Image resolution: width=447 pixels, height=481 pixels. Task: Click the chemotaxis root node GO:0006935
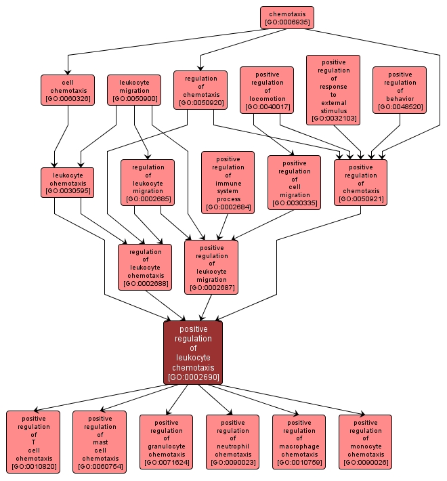pos(288,18)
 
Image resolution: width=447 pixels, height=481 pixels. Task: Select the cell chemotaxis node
pos(67,90)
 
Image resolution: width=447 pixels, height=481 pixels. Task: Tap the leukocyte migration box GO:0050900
pos(134,90)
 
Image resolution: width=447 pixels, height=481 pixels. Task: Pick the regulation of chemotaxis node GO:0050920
pos(199,90)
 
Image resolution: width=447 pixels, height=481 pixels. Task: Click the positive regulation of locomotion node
pos(267,89)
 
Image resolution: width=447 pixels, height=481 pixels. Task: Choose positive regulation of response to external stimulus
pos(333,90)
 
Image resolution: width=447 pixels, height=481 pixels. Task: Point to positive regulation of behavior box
pos(400,89)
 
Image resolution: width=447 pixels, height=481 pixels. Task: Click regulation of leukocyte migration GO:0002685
pos(148,182)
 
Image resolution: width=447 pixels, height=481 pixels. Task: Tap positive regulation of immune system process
pos(228,182)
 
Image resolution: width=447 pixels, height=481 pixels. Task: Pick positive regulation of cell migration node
pos(294,182)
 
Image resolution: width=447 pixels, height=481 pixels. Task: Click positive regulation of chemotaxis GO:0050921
pos(360,182)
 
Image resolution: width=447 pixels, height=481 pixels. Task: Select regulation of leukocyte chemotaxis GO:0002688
pos(144,267)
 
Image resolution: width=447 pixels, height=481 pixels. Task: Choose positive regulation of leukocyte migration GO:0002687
pos(211,267)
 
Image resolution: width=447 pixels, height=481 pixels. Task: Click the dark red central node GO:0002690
pos(193,353)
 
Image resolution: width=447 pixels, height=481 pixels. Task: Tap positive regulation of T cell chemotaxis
pos(33,441)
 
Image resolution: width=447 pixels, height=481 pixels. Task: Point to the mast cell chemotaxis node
pos(100,441)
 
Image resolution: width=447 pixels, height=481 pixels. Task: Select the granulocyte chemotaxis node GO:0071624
pos(166,441)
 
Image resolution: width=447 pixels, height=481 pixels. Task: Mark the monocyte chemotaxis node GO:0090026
pos(365,441)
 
